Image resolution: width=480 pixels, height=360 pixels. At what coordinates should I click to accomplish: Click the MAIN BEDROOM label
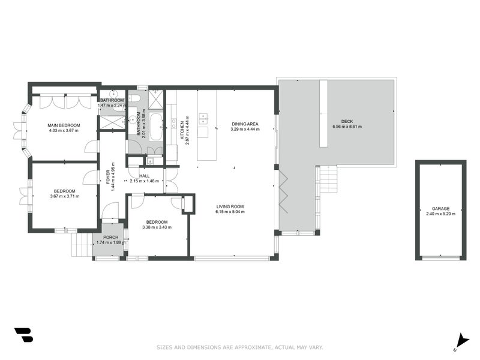tap(64, 125)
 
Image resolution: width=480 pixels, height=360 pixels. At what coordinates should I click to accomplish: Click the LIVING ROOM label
tap(230, 207)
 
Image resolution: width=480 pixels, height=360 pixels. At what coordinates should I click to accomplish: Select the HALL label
tap(144, 176)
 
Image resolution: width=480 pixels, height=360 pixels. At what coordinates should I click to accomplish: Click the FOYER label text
tap(109, 175)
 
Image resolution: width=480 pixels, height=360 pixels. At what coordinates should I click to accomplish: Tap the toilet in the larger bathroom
tap(136, 98)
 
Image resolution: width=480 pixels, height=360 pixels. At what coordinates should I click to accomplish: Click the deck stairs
tap(328, 179)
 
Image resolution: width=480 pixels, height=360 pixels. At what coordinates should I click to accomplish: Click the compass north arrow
tap(461, 341)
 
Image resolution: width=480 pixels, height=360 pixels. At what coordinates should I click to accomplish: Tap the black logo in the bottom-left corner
tap(23, 335)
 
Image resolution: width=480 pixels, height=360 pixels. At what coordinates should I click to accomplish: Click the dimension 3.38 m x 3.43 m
tap(157, 227)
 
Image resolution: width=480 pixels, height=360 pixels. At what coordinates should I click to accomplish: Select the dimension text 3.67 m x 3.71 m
tap(64, 196)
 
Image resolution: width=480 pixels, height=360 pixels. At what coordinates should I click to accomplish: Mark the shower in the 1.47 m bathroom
tap(112, 122)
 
